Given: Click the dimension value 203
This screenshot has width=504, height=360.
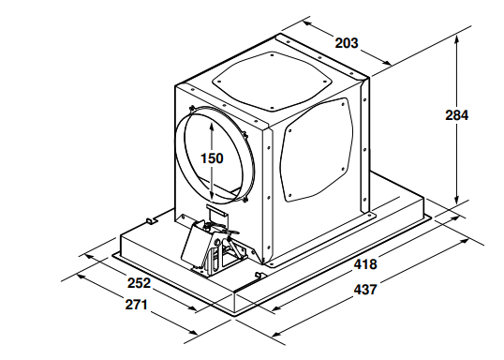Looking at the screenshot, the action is point(347,43).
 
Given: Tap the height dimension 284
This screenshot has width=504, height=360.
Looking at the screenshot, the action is point(457,115).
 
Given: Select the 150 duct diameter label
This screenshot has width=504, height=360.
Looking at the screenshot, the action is point(212,158).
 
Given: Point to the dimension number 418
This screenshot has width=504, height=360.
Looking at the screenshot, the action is point(365,264).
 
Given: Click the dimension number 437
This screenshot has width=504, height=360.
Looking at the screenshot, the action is point(365,290).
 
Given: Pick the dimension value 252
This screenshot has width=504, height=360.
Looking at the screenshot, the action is point(139,283).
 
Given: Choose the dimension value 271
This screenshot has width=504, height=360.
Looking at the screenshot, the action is point(136,305).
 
